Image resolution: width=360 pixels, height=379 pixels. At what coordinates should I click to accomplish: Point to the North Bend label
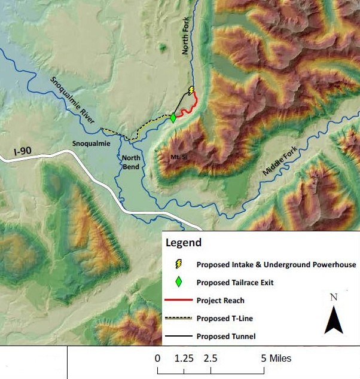130,162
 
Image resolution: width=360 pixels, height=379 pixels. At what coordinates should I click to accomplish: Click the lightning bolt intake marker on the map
191,91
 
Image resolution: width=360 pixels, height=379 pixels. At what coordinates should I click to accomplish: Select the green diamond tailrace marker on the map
173,118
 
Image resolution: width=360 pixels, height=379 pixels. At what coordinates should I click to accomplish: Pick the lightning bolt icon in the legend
178,264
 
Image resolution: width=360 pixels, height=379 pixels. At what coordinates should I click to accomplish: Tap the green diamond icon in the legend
178,282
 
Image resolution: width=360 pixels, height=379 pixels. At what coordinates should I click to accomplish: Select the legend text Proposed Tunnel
225,336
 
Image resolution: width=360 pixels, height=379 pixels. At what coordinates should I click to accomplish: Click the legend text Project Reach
220,300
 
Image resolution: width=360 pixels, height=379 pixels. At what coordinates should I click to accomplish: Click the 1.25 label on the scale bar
184,359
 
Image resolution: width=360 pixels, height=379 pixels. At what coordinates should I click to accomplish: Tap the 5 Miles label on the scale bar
276,359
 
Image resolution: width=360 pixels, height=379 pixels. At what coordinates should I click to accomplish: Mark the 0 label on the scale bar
157,359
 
